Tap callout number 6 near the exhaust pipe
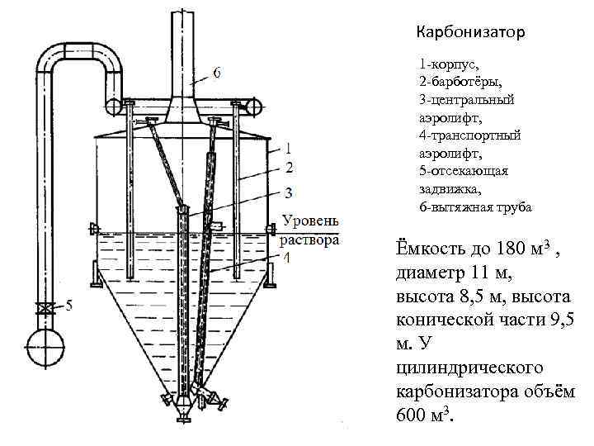[x=217, y=72]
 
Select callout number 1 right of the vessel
[x=289, y=150]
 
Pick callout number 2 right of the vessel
[x=289, y=168]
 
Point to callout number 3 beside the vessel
[x=289, y=195]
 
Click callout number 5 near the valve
[x=69, y=306]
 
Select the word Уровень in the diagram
[x=310, y=221]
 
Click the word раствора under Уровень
[x=310, y=240]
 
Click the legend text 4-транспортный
[x=469, y=135]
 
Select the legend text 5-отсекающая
[x=464, y=171]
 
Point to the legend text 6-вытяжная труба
[x=475, y=206]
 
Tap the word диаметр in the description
[x=431, y=273]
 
